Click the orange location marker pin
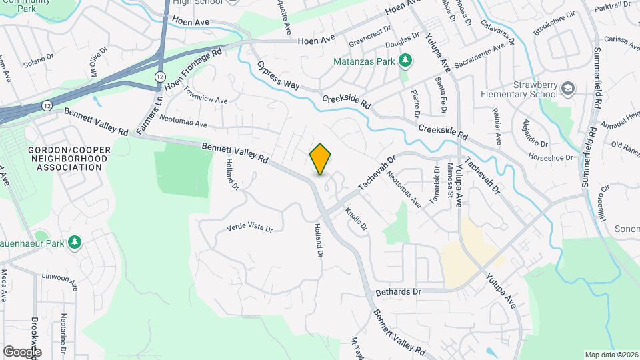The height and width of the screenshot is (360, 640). coord(321,159)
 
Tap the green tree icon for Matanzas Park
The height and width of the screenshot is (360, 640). coord(405,61)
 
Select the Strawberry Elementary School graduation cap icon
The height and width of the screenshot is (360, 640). coord(567,89)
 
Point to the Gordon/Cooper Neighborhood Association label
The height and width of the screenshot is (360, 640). coord(65,159)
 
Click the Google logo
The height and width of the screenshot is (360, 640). coord(21,351)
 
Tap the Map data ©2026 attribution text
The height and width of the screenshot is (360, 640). coord(610,354)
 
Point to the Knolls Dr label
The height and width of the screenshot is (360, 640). coord(357,219)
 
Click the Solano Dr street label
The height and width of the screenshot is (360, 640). coord(37,61)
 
